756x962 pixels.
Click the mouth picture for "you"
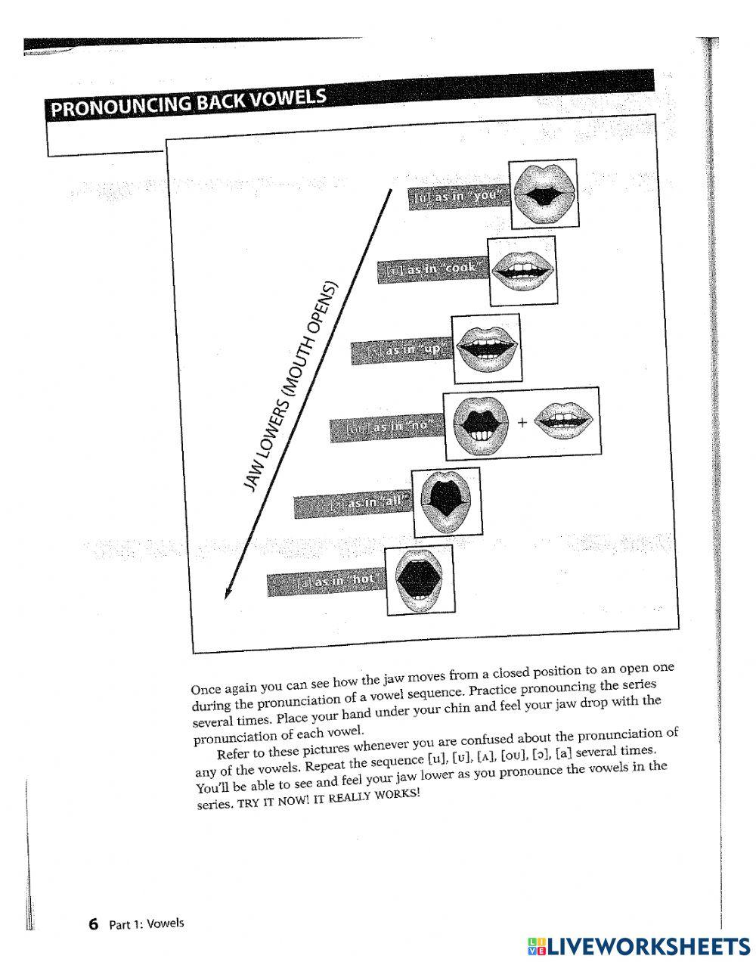[543, 194]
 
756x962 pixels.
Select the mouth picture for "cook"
[522, 269]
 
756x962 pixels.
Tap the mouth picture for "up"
[486, 348]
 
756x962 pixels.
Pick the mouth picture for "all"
[446, 501]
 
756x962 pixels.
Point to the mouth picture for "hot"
[420, 579]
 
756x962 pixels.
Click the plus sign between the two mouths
[522, 423]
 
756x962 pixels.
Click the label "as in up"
[401, 350]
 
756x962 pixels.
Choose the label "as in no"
[386, 427]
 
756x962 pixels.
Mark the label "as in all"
[352, 504]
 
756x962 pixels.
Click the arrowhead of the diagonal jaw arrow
[227, 594]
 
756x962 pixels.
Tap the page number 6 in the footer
[94, 923]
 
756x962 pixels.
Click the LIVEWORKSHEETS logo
[636, 945]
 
